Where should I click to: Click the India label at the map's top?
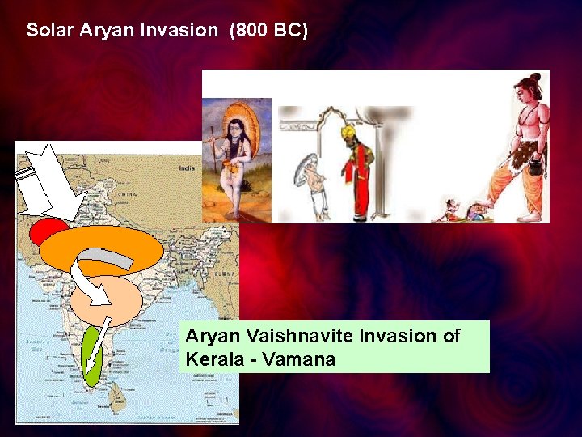tap(187, 168)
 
